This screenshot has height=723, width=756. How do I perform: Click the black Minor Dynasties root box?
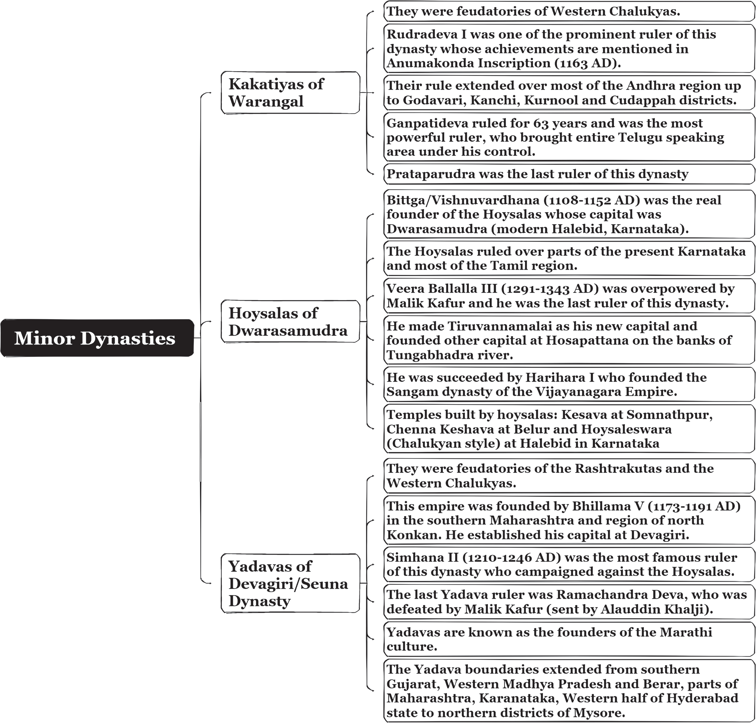[97, 337]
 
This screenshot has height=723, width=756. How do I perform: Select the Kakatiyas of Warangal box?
[290, 93]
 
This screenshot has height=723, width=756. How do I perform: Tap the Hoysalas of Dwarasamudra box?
[290, 321]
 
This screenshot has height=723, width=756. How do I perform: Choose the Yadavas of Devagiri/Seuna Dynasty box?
[290, 583]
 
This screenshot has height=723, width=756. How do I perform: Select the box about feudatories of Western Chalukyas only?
[569, 11]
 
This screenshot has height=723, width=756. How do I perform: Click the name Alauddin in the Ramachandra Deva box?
[637, 609]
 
